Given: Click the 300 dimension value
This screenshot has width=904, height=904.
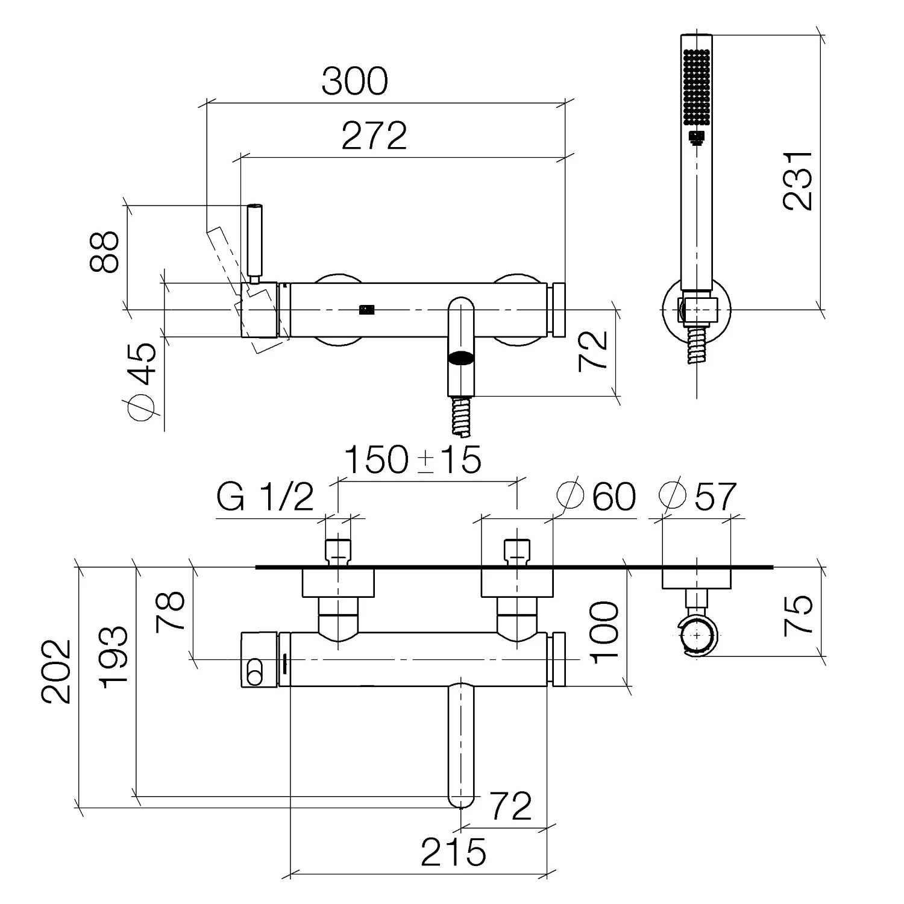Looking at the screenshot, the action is (x=354, y=81).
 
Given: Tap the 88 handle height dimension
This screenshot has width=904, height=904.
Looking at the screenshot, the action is (x=104, y=252).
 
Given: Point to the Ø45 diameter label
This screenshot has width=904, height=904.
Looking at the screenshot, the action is (x=142, y=381).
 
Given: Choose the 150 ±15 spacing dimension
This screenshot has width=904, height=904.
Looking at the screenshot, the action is (x=413, y=460).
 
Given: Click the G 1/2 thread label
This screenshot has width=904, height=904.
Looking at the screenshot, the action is (x=265, y=497).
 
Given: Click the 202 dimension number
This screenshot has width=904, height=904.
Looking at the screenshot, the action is (x=56, y=671).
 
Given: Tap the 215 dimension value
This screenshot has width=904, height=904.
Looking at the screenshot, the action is (x=453, y=852).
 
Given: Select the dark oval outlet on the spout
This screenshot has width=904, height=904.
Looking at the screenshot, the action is (x=462, y=359).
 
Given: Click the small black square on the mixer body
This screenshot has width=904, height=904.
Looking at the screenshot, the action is (x=366, y=310).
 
